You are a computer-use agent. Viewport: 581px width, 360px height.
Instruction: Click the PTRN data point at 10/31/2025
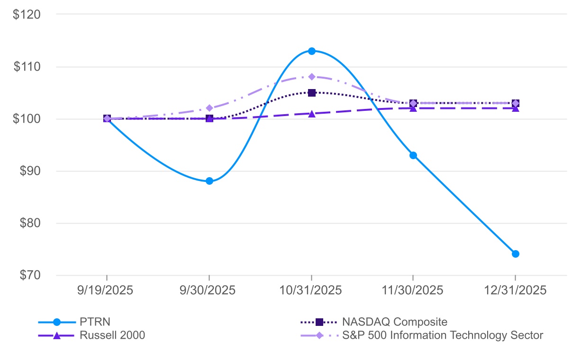click(x=311, y=51)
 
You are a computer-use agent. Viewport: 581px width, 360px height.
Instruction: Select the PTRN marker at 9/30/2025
click(x=209, y=181)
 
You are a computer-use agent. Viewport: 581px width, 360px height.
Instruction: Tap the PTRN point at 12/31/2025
click(x=515, y=254)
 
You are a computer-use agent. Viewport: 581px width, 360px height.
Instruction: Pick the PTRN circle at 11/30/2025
click(x=413, y=155)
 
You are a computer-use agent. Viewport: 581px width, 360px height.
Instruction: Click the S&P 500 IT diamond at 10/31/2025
click(x=311, y=77)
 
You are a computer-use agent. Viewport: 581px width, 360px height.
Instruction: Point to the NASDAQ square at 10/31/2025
click(x=311, y=93)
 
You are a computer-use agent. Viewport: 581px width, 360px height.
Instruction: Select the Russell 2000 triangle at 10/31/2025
click(x=311, y=114)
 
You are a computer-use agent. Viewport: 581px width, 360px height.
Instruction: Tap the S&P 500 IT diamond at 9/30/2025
click(x=209, y=108)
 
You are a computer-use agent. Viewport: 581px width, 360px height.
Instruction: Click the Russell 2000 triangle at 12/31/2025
click(x=515, y=108)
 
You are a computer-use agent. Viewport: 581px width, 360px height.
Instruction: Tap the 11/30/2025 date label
click(x=413, y=290)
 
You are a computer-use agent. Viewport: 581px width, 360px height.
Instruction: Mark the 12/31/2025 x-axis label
click(x=515, y=290)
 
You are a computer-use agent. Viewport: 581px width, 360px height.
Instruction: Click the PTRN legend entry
click(x=95, y=322)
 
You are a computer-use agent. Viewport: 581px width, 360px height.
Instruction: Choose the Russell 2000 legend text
click(x=112, y=335)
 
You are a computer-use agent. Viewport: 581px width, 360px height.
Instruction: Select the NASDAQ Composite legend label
click(x=394, y=322)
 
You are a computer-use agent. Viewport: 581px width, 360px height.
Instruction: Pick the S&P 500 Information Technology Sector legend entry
click(x=442, y=335)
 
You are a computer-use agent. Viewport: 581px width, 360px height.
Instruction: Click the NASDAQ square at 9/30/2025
click(x=209, y=118)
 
